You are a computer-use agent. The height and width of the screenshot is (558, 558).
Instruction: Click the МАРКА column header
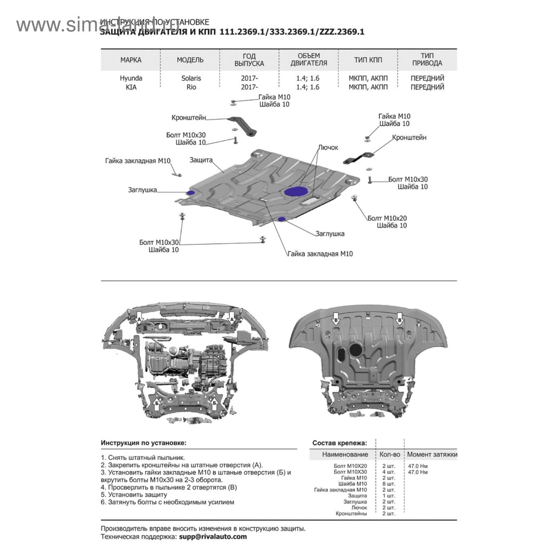[x=131, y=60]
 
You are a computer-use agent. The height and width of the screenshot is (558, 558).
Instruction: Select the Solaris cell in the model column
[x=191, y=78]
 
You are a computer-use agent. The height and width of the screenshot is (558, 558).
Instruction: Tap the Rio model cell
[x=191, y=87]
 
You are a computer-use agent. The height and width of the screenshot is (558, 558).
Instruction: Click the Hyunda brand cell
[x=131, y=78]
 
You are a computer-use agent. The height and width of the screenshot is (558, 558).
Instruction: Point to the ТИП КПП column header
[x=368, y=60]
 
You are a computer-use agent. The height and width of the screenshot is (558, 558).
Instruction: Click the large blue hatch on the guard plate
[x=296, y=191]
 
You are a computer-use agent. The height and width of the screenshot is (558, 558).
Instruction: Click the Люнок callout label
[x=328, y=148]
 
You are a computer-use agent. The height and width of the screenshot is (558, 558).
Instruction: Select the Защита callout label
[x=201, y=160]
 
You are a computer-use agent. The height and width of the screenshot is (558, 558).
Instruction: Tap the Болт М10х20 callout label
[x=387, y=218]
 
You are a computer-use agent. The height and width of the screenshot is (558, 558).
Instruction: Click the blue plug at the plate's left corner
[x=191, y=193]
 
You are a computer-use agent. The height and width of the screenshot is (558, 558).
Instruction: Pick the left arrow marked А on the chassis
[x=139, y=318]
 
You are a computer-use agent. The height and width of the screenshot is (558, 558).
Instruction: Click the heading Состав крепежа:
[x=339, y=443]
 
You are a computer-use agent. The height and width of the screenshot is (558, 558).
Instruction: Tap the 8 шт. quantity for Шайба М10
[x=389, y=484]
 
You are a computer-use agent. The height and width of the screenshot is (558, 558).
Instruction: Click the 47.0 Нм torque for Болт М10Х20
[x=417, y=466]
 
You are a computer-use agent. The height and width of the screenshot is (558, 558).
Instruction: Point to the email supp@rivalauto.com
[x=213, y=537]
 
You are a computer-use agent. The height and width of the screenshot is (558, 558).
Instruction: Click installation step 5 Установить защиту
[x=134, y=495]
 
